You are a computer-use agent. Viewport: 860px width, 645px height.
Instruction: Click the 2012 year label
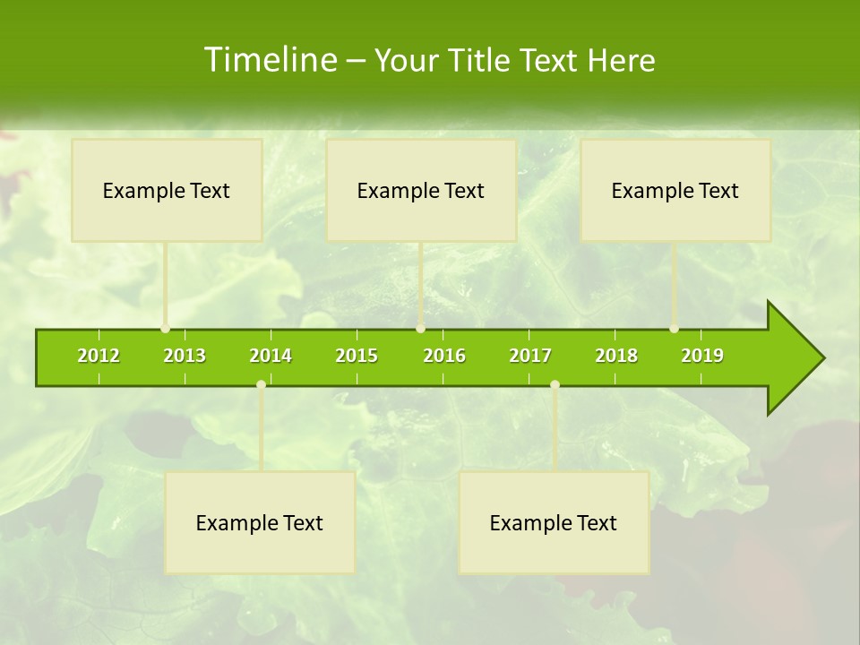pyautogui.click(x=99, y=356)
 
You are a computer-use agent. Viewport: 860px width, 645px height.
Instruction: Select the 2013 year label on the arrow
pyautogui.click(x=185, y=356)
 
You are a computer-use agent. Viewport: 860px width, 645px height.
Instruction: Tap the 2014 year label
pyautogui.click(x=271, y=356)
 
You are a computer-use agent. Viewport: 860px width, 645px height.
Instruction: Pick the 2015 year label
pyautogui.click(x=357, y=356)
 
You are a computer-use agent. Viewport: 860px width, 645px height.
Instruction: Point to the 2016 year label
pyautogui.click(x=444, y=356)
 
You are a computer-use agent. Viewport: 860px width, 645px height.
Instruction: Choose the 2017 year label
pyautogui.click(x=530, y=356)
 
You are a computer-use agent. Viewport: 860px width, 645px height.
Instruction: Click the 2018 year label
pyautogui.click(x=616, y=356)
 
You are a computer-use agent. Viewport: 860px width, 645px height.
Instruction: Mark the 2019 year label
pyautogui.click(x=702, y=356)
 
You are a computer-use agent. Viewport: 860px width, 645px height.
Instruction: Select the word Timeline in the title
pyautogui.click(x=269, y=60)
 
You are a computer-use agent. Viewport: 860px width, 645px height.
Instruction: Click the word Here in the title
pyautogui.click(x=621, y=60)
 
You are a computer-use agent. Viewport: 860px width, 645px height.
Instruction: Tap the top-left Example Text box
pyautogui.click(x=167, y=190)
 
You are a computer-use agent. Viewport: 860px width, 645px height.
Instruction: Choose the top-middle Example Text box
pyautogui.click(x=421, y=190)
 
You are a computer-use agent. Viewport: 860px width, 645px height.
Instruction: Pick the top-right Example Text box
pyautogui.click(x=675, y=190)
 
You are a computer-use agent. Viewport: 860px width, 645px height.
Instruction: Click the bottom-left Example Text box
pyautogui.click(x=260, y=522)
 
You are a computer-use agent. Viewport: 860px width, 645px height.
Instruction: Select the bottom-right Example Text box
pyautogui.click(x=554, y=522)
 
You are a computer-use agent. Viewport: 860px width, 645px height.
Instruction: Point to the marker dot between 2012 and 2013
pyautogui.click(x=165, y=329)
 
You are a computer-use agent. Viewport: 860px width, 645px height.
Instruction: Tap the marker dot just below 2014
pyautogui.click(x=261, y=384)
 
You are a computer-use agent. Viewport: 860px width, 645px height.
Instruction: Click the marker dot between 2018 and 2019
pyautogui.click(x=674, y=329)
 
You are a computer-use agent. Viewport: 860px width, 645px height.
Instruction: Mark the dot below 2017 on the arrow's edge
pyautogui.click(x=555, y=384)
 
